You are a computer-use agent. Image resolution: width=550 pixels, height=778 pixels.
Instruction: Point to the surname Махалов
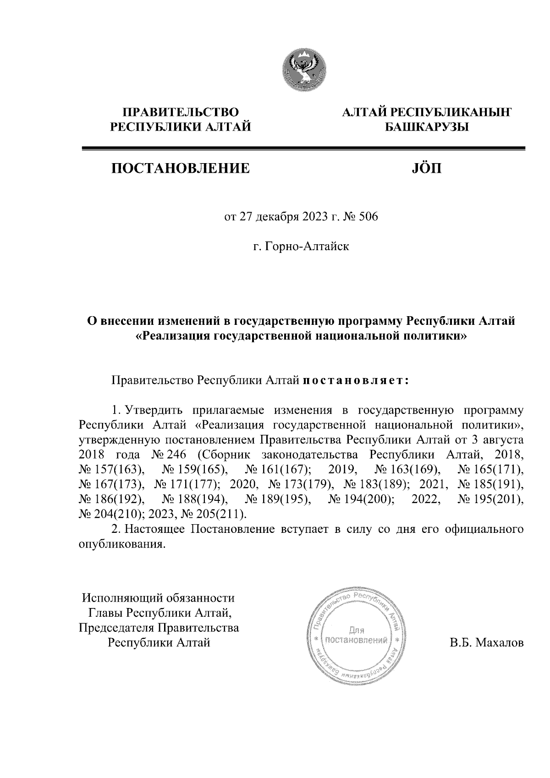pyautogui.click(x=499, y=643)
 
